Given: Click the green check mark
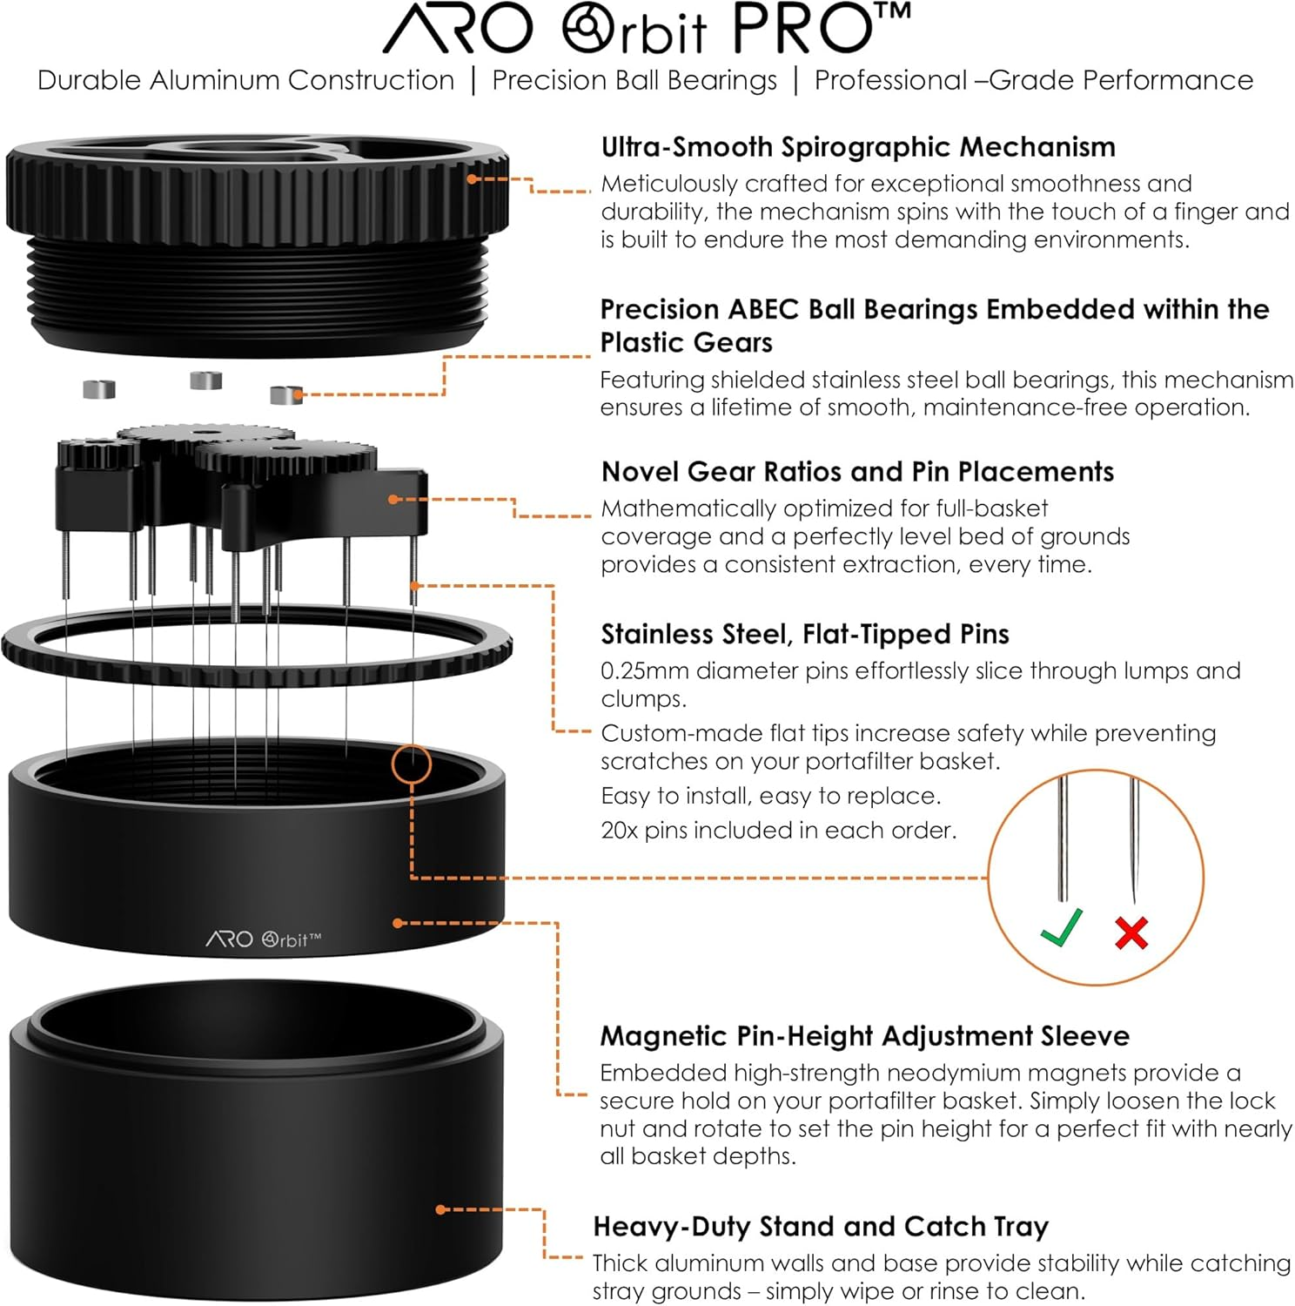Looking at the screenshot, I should pos(1062,926).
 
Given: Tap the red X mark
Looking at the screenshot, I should pos(1131,932).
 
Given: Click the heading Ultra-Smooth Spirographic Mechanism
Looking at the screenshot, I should pos(858,147).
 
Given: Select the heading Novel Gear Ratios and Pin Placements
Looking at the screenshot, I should pos(857,472).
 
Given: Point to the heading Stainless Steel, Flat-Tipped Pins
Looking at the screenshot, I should pos(805,634).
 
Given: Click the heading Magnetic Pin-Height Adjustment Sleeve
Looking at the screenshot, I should pos(864,1036).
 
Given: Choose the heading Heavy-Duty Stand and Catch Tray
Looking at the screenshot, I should pos(821,1227).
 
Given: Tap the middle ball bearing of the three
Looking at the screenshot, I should pos(205,380).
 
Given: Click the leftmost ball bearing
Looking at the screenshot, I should pos(99,388).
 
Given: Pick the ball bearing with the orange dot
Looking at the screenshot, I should pos(285,394).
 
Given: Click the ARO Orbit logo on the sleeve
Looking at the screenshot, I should pos(264,939).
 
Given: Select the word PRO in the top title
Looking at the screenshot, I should pos(801,30).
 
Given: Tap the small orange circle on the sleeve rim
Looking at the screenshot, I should pos(411,764).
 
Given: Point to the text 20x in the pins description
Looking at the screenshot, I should pos(620,831).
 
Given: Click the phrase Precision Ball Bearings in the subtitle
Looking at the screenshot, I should pos(634,80).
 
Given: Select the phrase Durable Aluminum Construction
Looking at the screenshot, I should pos(245,80).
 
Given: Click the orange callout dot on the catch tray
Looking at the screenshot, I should pos(441,1209).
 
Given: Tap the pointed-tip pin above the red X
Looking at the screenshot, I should pos(1133,840).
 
